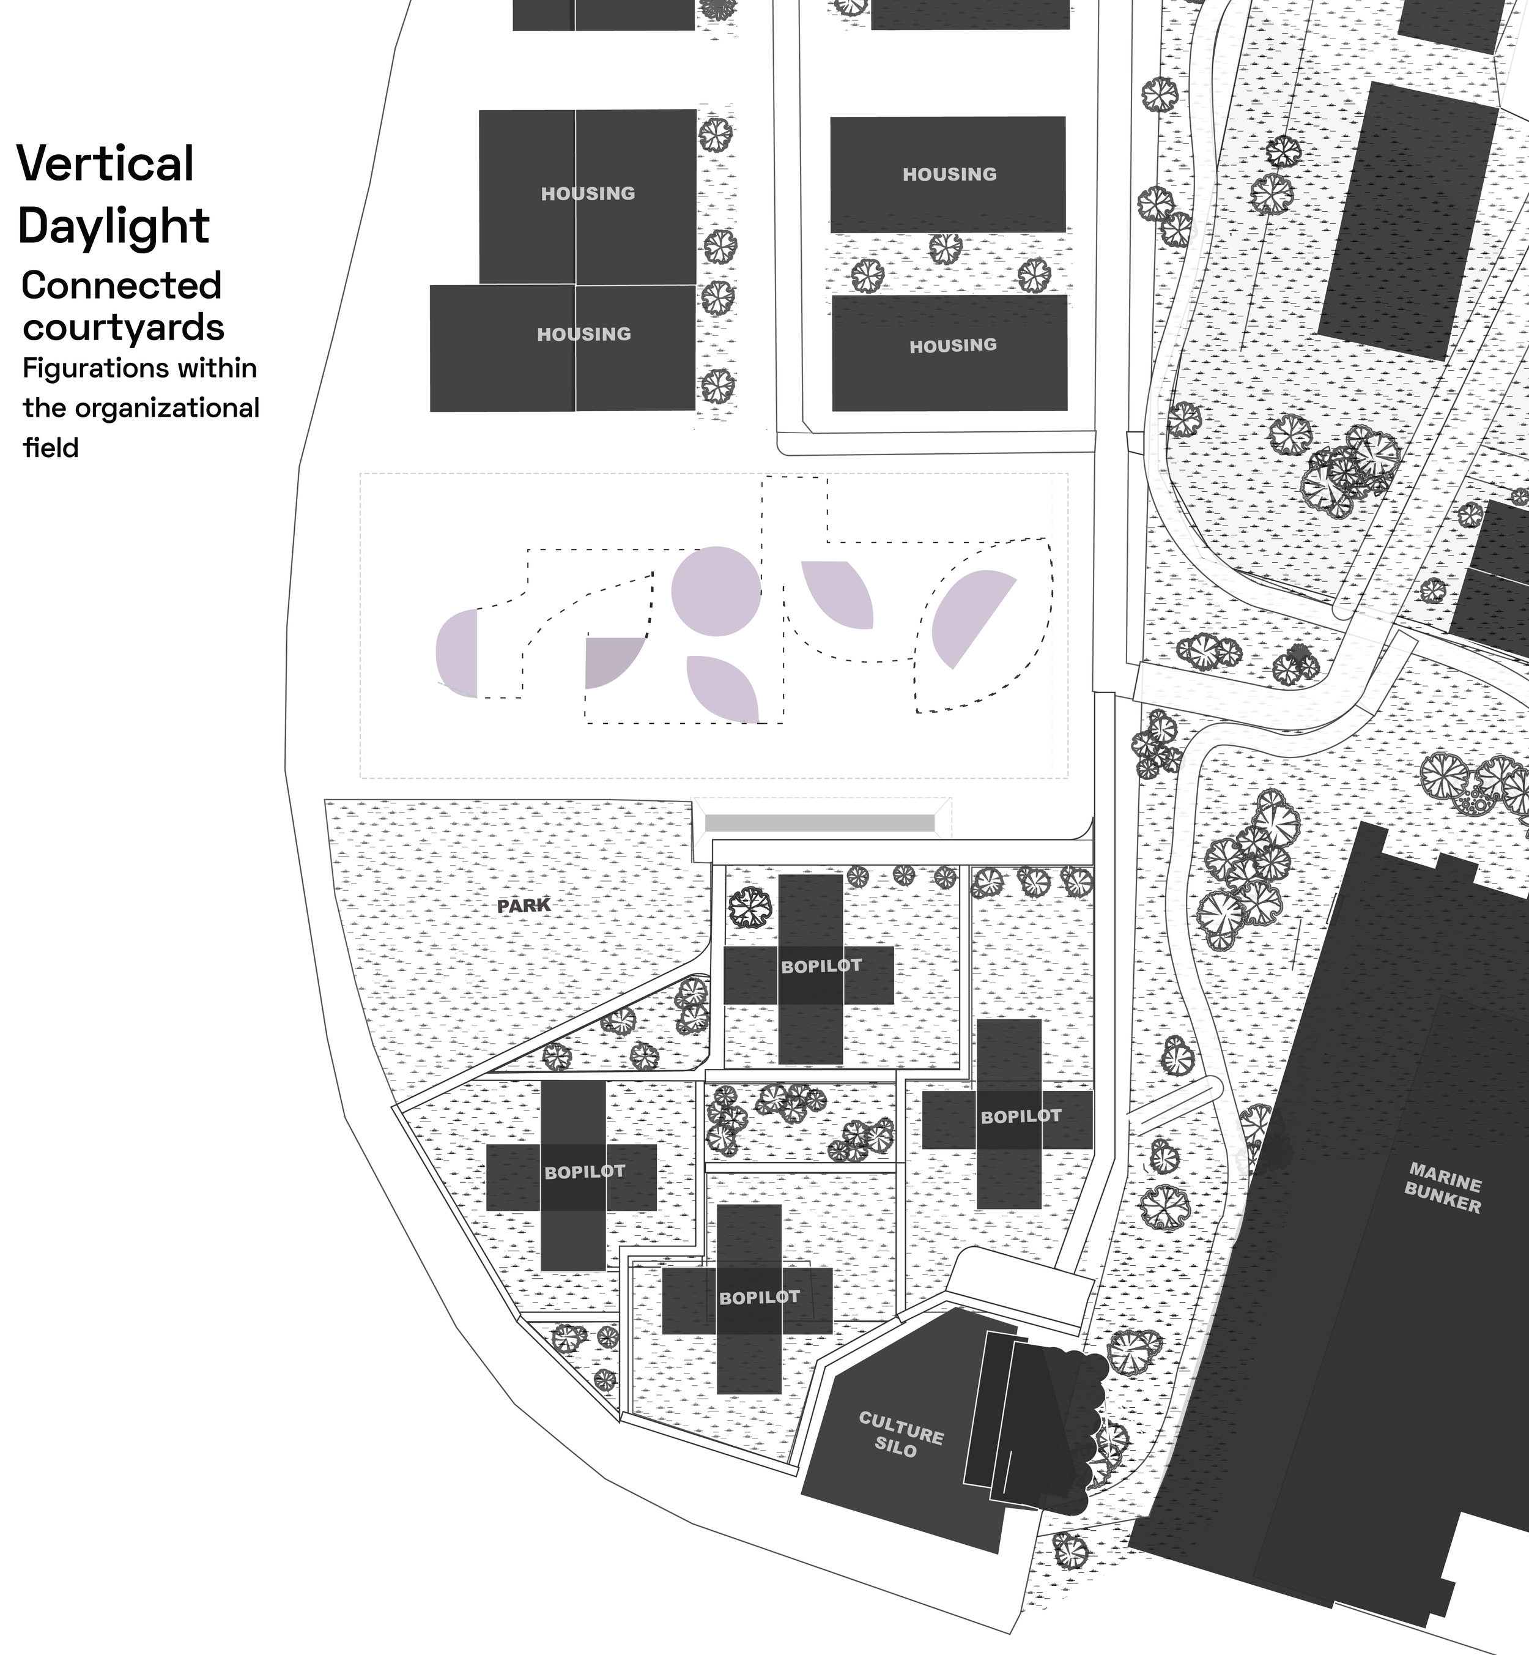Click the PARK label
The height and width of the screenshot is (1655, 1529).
tap(524, 906)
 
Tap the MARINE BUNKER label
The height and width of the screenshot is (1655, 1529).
tap(1445, 1188)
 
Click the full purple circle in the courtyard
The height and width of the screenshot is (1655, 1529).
tap(716, 592)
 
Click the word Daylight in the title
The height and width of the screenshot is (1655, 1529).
tap(113, 225)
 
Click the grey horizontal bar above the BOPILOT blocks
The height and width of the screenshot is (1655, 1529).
tap(819, 822)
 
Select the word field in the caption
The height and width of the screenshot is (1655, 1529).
tap(51, 448)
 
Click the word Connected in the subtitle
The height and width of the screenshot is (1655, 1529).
tap(122, 286)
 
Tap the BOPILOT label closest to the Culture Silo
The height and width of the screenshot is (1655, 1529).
tap(760, 1298)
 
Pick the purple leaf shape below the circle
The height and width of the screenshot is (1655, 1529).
tap(722, 688)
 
